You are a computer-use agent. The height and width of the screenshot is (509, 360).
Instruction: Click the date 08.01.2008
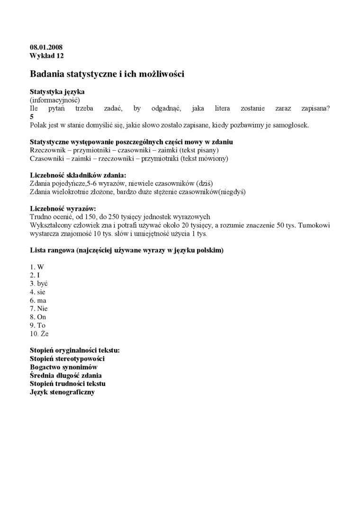(x=46, y=47)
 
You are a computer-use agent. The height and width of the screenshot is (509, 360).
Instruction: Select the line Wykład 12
(x=46, y=55)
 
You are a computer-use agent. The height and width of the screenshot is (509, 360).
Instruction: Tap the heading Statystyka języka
(x=57, y=92)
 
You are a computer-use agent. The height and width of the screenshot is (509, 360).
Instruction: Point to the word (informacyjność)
(x=54, y=100)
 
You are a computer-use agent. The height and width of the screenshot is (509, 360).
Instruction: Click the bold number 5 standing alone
(x=32, y=116)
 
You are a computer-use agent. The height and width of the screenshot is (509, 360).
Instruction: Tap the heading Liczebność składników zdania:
(x=78, y=175)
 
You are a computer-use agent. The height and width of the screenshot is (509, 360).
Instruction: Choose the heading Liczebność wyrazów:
(x=63, y=208)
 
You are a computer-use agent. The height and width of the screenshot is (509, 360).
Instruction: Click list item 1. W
(x=36, y=267)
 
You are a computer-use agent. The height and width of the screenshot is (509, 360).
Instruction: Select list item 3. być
(x=38, y=284)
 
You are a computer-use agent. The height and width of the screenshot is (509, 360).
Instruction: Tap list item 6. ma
(x=38, y=300)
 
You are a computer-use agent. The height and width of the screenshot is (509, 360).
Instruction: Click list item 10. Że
(x=39, y=334)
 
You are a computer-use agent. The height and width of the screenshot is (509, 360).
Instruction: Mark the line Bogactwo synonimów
(x=63, y=367)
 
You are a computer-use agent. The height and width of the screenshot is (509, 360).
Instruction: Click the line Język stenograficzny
(x=62, y=392)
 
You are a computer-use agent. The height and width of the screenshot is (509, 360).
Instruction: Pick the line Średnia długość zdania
(x=65, y=375)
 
